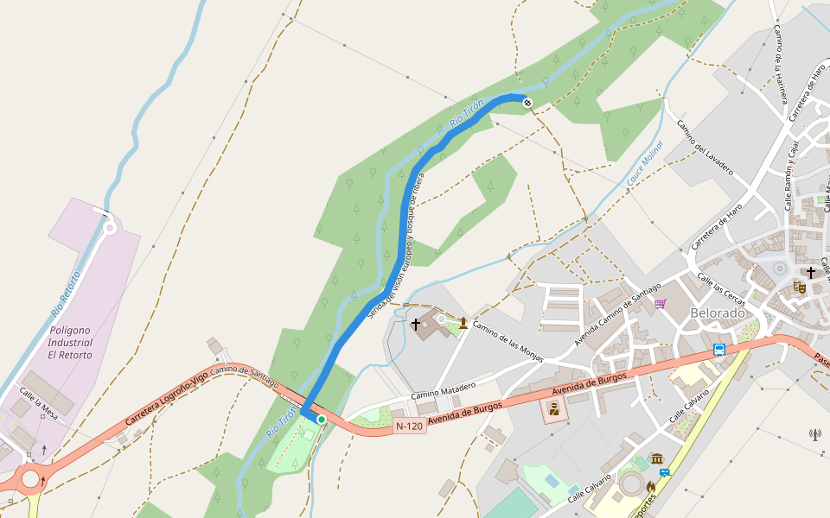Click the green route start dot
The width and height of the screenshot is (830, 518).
tap(321, 420)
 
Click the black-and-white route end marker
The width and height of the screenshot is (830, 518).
tap(527, 104)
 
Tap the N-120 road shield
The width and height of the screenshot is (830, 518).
tap(410, 426)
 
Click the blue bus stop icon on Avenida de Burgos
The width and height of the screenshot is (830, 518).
tap(719, 350)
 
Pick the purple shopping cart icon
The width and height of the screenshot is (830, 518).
tap(661, 303)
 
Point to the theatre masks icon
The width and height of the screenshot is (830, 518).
tap(800, 287)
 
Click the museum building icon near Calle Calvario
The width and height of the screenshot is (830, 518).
tap(657, 458)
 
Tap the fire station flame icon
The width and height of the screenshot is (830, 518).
tap(650, 487)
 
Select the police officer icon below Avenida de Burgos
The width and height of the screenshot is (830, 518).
tap(553, 409)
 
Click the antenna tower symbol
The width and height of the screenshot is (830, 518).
tap(815, 434)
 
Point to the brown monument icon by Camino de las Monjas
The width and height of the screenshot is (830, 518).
tap(463, 324)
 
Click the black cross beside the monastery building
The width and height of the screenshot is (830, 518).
tap(416, 324)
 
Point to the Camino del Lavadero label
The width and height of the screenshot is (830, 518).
tap(705, 147)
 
